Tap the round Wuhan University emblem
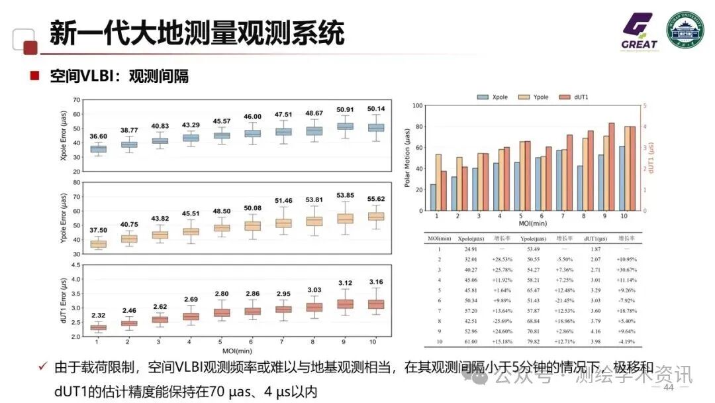pos(685,31)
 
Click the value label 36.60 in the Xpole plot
pos(97,136)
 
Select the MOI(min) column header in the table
pos(439,237)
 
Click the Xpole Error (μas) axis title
pos(64,136)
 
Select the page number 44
pos(668,387)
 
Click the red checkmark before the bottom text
pos(42,367)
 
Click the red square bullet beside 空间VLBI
pos(34,76)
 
